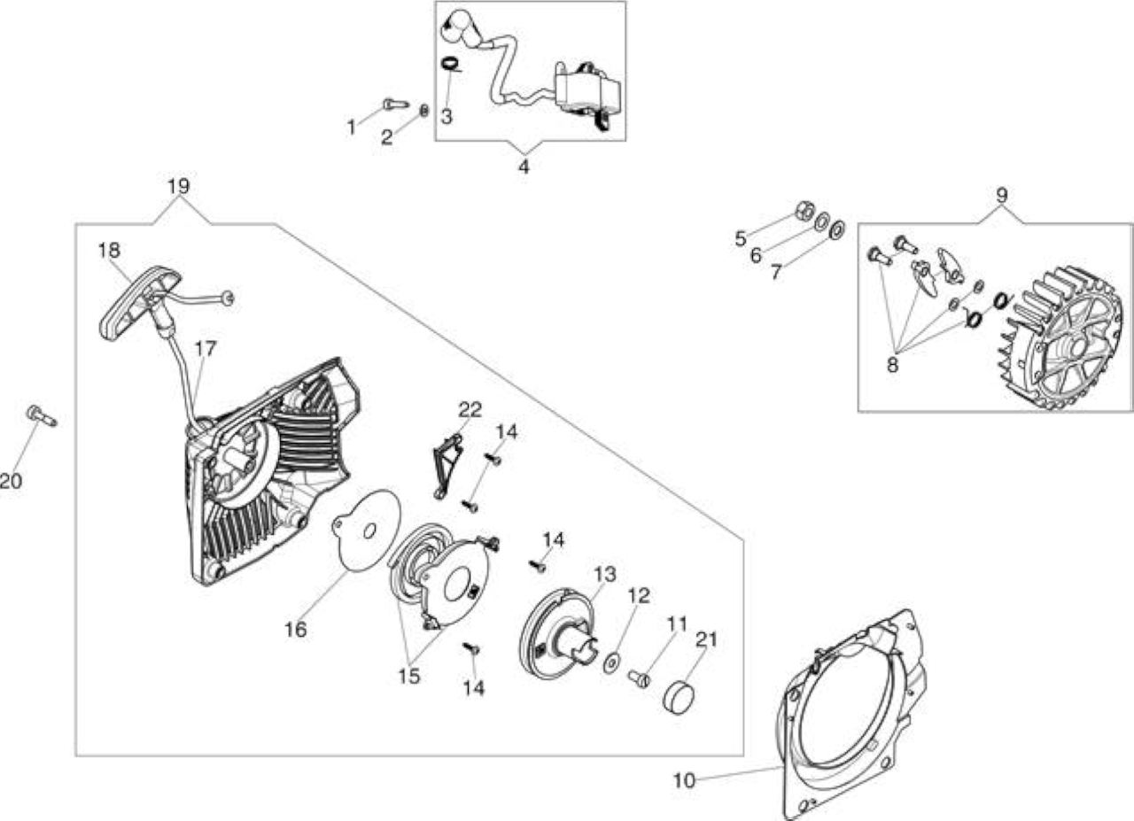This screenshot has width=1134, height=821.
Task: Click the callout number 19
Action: [x=178, y=186]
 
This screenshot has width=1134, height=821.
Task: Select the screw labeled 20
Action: [x=42, y=416]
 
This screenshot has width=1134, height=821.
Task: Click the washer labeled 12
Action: [x=614, y=663]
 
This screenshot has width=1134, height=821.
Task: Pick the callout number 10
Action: [x=685, y=780]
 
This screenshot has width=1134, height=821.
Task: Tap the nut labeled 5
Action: [x=804, y=211]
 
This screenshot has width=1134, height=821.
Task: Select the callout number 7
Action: [x=776, y=272]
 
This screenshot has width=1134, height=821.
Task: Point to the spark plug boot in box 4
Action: [x=458, y=27]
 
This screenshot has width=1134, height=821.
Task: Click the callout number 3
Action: [x=446, y=116]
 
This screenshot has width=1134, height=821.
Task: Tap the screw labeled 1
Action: [x=396, y=104]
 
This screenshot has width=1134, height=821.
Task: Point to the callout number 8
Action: [x=892, y=364]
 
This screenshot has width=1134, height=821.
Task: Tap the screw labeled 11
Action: [x=639, y=678]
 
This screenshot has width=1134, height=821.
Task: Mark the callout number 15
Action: [x=409, y=676]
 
